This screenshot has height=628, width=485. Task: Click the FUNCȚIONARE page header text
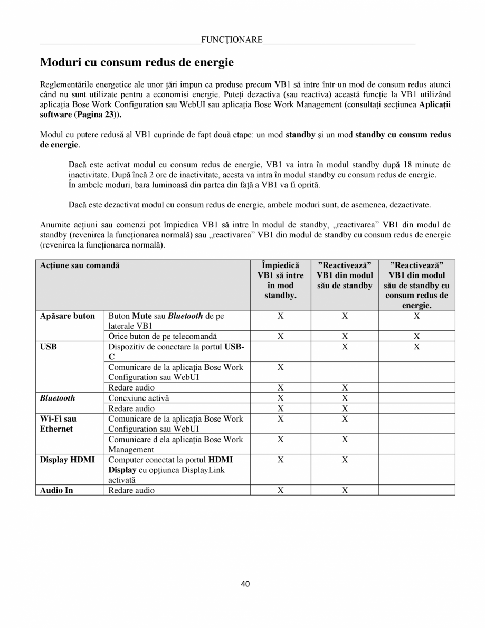pyautogui.click(x=232, y=40)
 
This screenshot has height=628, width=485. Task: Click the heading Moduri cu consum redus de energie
pyautogui.click(x=137, y=63)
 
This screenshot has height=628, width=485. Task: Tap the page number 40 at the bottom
pyautogui.click(x=245, y=583)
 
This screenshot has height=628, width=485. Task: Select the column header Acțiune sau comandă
pyautogui.click(x=80, y=265)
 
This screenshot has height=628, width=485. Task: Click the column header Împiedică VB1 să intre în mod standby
pyautogui.click(x=280, y=280)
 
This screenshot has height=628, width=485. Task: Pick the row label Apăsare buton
pyautogui.click(x=68, y=316)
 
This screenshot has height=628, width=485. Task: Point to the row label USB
pyautogui.click(x=49, y=347)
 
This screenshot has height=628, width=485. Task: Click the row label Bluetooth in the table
pyautogui.click(x=58, y=398)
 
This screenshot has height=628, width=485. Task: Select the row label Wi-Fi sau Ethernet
pyautogui.click(x=58, y=424)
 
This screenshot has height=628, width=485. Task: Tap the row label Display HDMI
pyautogui.click(x=68, y=460)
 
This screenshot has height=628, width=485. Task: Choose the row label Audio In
pyautogui.click(x=56, y=490)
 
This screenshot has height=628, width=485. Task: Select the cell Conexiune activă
pyautogui.click(x=139, y=398)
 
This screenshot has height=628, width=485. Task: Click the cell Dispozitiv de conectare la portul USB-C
pyautogui.click(x=176, y=351)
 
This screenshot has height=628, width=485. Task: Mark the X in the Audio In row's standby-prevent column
pyautogui.click(x=280, y=490)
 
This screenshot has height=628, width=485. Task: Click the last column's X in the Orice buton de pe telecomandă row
pyautogui.click(x=416, y=336)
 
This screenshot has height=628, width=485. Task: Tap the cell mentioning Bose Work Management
pyautogui.click(x=176, y=444)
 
